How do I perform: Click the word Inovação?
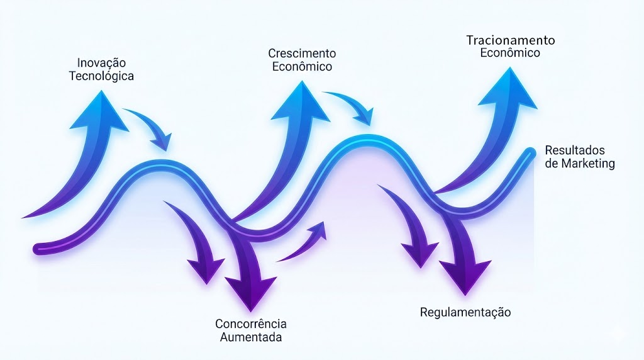click(x=101, y=63)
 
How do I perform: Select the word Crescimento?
click(x=302, y=53)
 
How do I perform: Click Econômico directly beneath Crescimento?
click(x=302, y=66)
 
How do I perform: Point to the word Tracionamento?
click(x=511, y=40)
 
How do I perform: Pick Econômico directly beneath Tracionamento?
click(x=510, y=53)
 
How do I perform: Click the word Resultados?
click(x=575, y=151)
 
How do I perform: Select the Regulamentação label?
click(x=465, y=312)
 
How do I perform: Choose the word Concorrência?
click(x=251, y=324)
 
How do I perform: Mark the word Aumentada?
click(x=251, y=337)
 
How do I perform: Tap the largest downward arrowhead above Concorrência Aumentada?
click(x=250, y=292)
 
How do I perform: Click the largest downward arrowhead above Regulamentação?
click(x=465, y=274)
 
